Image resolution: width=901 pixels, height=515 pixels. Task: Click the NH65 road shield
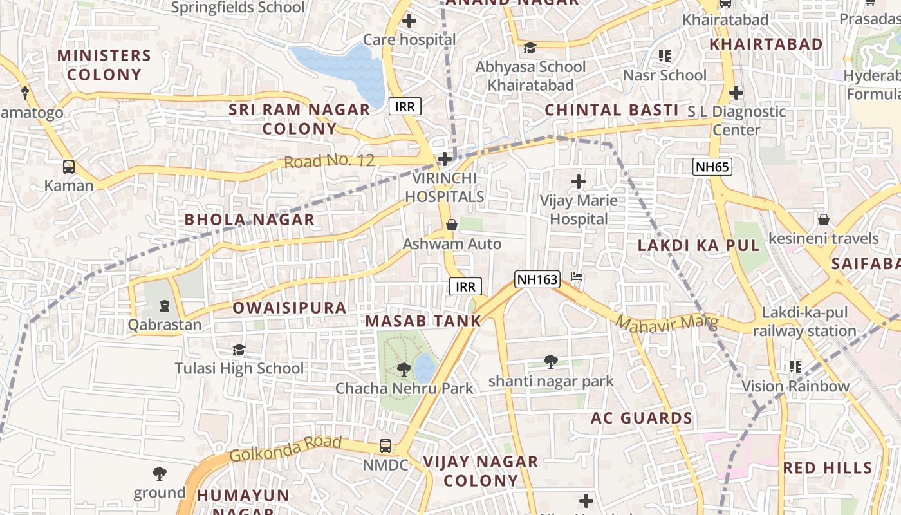[712, 167]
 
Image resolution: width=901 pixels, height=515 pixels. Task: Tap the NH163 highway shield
[537, 279]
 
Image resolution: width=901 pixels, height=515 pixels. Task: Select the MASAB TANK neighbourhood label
[423, 321]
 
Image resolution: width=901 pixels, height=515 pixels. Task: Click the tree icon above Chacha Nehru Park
[404, 369]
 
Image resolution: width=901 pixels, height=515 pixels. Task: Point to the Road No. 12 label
[329, 161]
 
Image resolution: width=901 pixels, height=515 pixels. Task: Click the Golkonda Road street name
[285, 449]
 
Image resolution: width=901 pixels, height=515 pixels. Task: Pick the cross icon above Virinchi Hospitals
[444, 159]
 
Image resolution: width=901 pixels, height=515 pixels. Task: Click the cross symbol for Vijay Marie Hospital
[579, 182]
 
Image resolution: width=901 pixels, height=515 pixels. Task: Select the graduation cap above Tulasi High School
[239, 350]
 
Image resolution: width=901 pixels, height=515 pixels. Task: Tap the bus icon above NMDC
[385, 445]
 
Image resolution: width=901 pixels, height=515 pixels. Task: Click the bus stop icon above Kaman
[69, 167]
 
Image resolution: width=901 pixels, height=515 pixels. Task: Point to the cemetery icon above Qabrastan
[165, 305]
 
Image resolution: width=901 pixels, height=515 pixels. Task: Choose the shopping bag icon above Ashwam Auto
[452, 225]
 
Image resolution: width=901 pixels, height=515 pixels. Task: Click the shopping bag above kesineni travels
[823, 220]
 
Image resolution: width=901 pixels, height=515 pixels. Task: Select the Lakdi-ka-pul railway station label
[804, 322]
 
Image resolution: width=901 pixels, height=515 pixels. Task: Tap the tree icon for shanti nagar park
[550, 362]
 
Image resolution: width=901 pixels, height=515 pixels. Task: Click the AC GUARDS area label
[642, 418]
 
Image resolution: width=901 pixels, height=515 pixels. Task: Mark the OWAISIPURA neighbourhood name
[290, 308]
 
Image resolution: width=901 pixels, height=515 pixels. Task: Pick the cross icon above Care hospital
[409, 21]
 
